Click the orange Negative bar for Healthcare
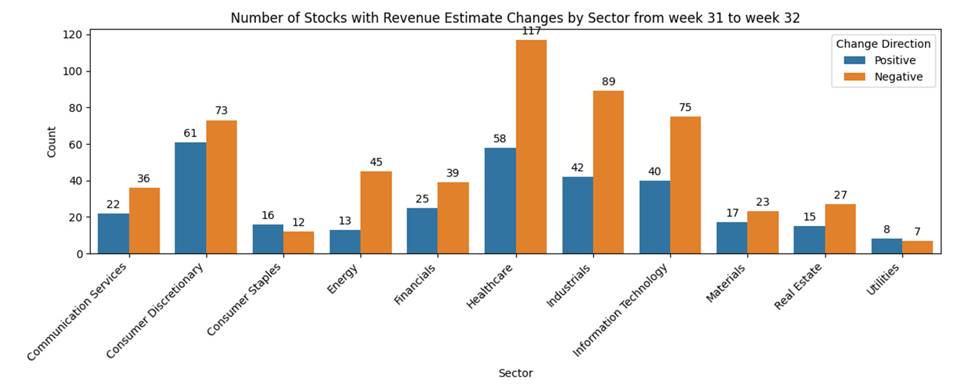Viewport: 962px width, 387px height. [532, 146]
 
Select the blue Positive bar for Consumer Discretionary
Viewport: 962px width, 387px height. [191, 198]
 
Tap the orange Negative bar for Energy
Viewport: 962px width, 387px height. [376, 212]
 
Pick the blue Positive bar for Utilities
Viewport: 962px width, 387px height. [887, 246]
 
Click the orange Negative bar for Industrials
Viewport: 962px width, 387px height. [608, 172]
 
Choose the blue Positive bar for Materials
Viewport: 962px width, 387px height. [732, 238]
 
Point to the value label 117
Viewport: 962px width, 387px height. [532, 31]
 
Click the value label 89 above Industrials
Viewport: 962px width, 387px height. [608, 82]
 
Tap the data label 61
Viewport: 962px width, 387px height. [190, 133]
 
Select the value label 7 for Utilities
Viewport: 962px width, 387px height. [918, 232]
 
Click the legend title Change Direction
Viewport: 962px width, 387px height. [883, 44]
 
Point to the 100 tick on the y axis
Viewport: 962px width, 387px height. [72, 71]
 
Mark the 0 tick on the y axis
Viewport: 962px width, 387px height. [79, 254]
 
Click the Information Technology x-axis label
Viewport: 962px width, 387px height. [620, 309]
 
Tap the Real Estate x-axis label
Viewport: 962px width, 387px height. [798, 286]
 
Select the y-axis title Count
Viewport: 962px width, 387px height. [51, 142]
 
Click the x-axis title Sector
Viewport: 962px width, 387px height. [515, 374]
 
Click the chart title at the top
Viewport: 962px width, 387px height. [515, 18]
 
